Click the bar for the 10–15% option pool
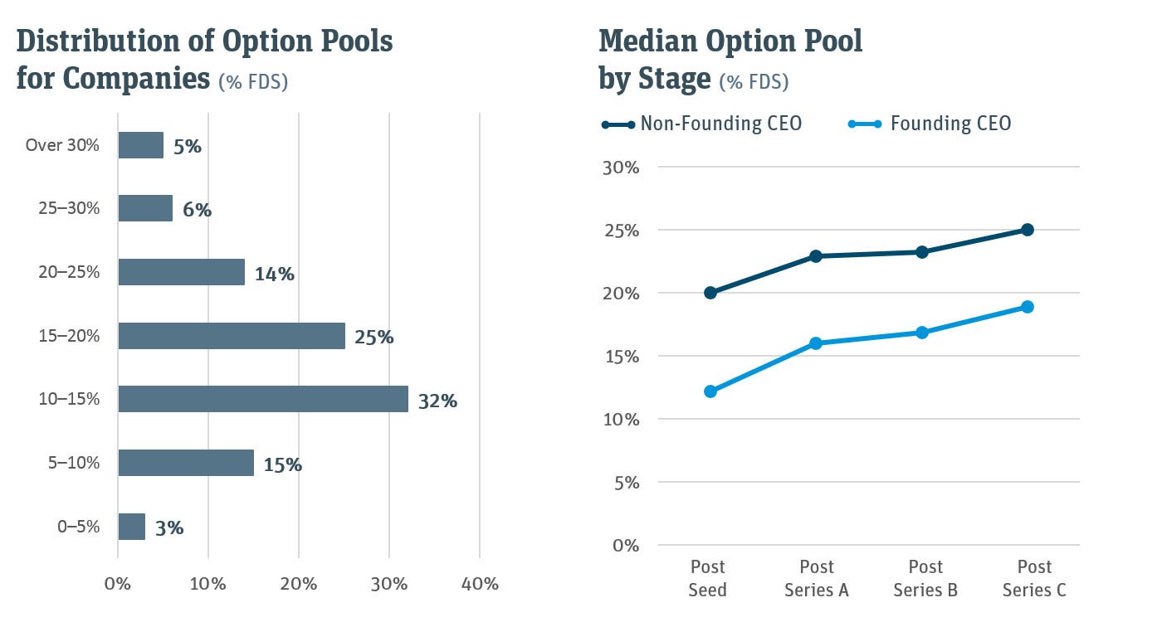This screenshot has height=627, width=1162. click(x=263, y=399)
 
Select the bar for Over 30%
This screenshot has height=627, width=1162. click(x=140, y=145)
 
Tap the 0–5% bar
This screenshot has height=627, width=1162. click(x=131, y=527)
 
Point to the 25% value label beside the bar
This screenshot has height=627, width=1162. click(x=373, y=338)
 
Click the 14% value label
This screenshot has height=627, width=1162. click(x=275, y=274)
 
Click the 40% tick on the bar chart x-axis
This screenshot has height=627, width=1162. click(x=479, y=584)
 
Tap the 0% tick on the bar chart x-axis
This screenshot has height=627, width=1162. click(x=118, y=584)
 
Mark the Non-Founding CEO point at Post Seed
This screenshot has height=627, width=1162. click(x=710, y=293)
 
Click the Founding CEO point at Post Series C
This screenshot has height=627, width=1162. click(x=1028, y=307)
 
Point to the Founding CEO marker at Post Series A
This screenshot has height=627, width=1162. click(x=816, y=343)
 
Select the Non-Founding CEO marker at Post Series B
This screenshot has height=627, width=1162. click(x=922, y=252)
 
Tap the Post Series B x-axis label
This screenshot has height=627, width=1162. click(x=925, y=578)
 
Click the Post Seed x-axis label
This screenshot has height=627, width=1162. click(x=708, y=578)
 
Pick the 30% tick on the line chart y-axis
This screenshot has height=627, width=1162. click(x=619, y=167)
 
